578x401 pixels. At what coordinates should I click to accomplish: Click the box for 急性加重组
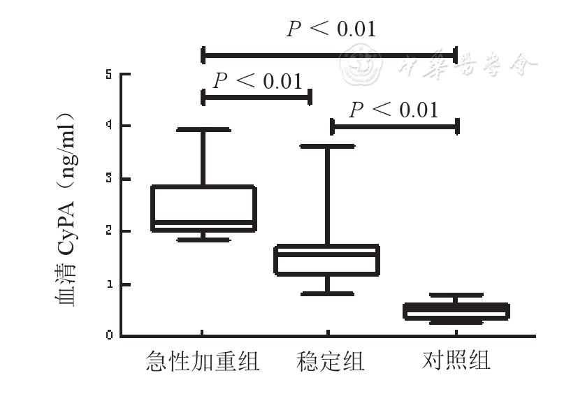[x=203, y=207]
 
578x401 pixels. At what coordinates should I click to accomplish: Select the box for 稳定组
[x=327, y=260]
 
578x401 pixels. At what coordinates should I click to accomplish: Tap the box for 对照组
[x=456, y=311]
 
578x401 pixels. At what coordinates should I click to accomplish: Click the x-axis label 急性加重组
[x=203, y=361]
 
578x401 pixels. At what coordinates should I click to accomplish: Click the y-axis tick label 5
[x=109, y=73]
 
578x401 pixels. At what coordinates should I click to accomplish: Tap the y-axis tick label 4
[x=109, y=126]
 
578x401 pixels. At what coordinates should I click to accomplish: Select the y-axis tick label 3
[x=109, y=179]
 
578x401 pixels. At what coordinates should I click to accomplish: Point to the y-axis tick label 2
[x=109, y=231]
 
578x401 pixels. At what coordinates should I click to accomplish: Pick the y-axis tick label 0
[x=109, y=336]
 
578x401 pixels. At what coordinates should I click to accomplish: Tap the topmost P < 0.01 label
[x=331, y=29]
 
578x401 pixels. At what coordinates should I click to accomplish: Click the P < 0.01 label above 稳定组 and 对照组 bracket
[x=394, y=110]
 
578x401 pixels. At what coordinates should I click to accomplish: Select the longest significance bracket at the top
[x=329, y=54]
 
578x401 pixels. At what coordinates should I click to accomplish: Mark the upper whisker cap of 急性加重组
[x=203, y=129]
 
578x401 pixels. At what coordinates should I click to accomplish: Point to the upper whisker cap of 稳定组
[x=327, y=146]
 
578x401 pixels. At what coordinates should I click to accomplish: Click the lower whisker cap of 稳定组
[x=327, y=294]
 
